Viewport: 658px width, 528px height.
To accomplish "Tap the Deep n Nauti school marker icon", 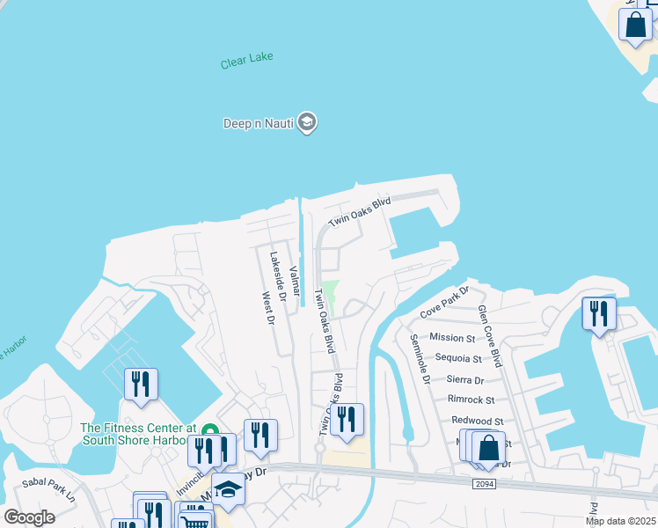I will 306,122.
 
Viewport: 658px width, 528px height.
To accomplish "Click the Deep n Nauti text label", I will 258,122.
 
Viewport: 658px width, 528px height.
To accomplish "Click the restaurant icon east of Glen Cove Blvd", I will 598,314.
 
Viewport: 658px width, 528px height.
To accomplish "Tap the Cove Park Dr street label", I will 445,303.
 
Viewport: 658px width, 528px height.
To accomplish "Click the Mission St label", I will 452,338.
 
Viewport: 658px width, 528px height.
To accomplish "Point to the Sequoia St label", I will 458,359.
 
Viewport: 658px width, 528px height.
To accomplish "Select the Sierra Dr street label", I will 465,380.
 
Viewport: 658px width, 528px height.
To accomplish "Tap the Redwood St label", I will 475,422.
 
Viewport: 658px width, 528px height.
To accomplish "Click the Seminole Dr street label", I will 420,359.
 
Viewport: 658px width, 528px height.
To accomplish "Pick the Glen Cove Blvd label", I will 489,335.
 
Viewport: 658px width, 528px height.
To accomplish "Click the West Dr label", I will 267,307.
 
